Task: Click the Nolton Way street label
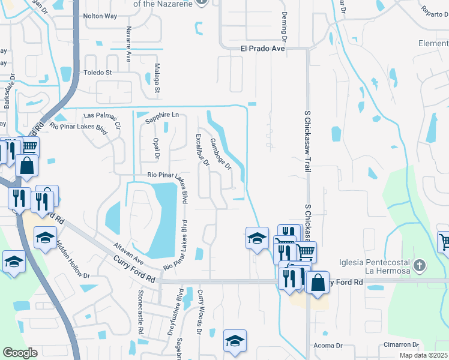(100, 33)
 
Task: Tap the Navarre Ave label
(128, 44)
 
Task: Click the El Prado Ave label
(262, 49)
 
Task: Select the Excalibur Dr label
(201, 149)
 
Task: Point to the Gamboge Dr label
(220, 154)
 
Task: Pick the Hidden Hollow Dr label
(73, 263)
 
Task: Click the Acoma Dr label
(328, 346)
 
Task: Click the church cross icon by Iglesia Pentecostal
(419, 265)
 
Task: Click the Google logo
(19, 352)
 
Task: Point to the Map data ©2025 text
(423, 355)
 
